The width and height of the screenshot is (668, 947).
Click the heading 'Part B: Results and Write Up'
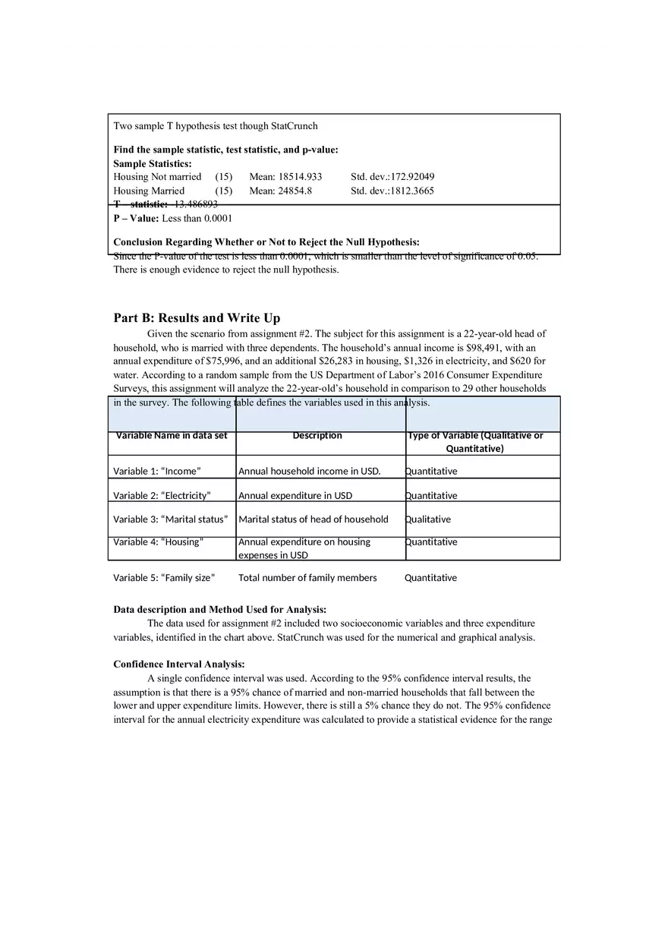point(197,318)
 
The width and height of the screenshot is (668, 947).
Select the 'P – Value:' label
point(137,218)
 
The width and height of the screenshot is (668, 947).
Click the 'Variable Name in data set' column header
point(171,436)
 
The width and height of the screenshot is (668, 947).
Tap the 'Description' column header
point(317,436)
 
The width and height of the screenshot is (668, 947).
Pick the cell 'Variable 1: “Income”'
point(157,471)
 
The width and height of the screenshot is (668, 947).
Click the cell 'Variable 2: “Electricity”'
point(162,496)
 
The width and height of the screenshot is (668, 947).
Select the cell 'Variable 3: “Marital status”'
point(170,519)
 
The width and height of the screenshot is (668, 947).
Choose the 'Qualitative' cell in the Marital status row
point(428,519)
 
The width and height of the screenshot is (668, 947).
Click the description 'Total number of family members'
point(307,578)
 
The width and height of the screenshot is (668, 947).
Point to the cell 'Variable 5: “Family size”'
point(164,578)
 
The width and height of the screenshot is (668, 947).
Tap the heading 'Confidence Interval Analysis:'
point(179,664)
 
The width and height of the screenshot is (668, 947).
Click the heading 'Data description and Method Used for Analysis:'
point(220,610)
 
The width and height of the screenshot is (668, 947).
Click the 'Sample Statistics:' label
point(153,163)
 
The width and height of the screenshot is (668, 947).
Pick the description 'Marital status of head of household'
point(314,519)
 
